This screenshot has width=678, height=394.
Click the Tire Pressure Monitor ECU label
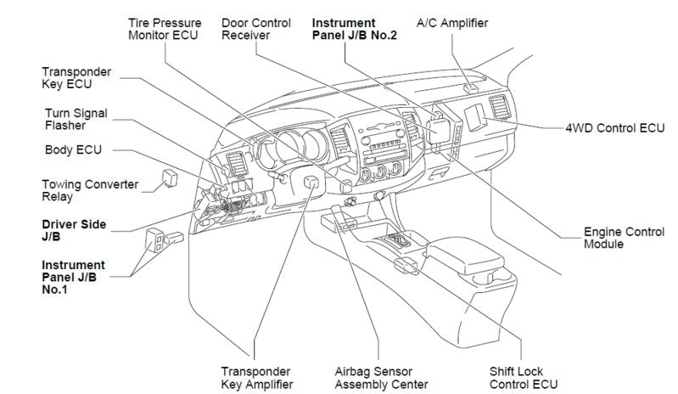click(x=163, y=29)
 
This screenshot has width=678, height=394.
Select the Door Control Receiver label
click(x=256, y=29)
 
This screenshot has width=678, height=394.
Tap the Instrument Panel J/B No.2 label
click(x=355, y=29)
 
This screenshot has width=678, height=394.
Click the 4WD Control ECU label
click(x=614, y=129)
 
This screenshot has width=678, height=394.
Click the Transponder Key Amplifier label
click(x=257, y=378)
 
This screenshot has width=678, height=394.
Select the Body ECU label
click(x=72, y=149)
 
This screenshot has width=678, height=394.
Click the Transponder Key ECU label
click(x=77, y=77)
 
